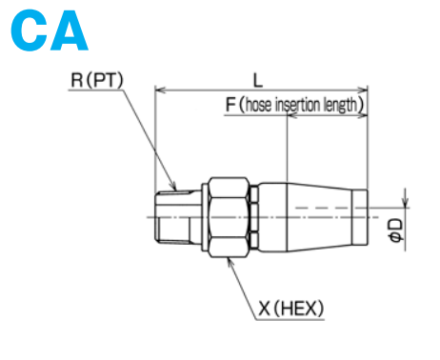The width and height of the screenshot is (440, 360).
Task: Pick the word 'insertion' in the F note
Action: (301, 106)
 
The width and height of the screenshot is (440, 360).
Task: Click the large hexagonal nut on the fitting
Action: (230, 216)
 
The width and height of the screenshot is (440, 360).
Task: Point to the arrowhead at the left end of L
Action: (160, 91)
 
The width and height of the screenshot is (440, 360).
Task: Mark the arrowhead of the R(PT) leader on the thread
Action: (174, 185)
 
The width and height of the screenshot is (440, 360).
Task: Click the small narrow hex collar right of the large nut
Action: (254, 216)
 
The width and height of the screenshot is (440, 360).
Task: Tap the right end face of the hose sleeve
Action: (367, 216)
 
